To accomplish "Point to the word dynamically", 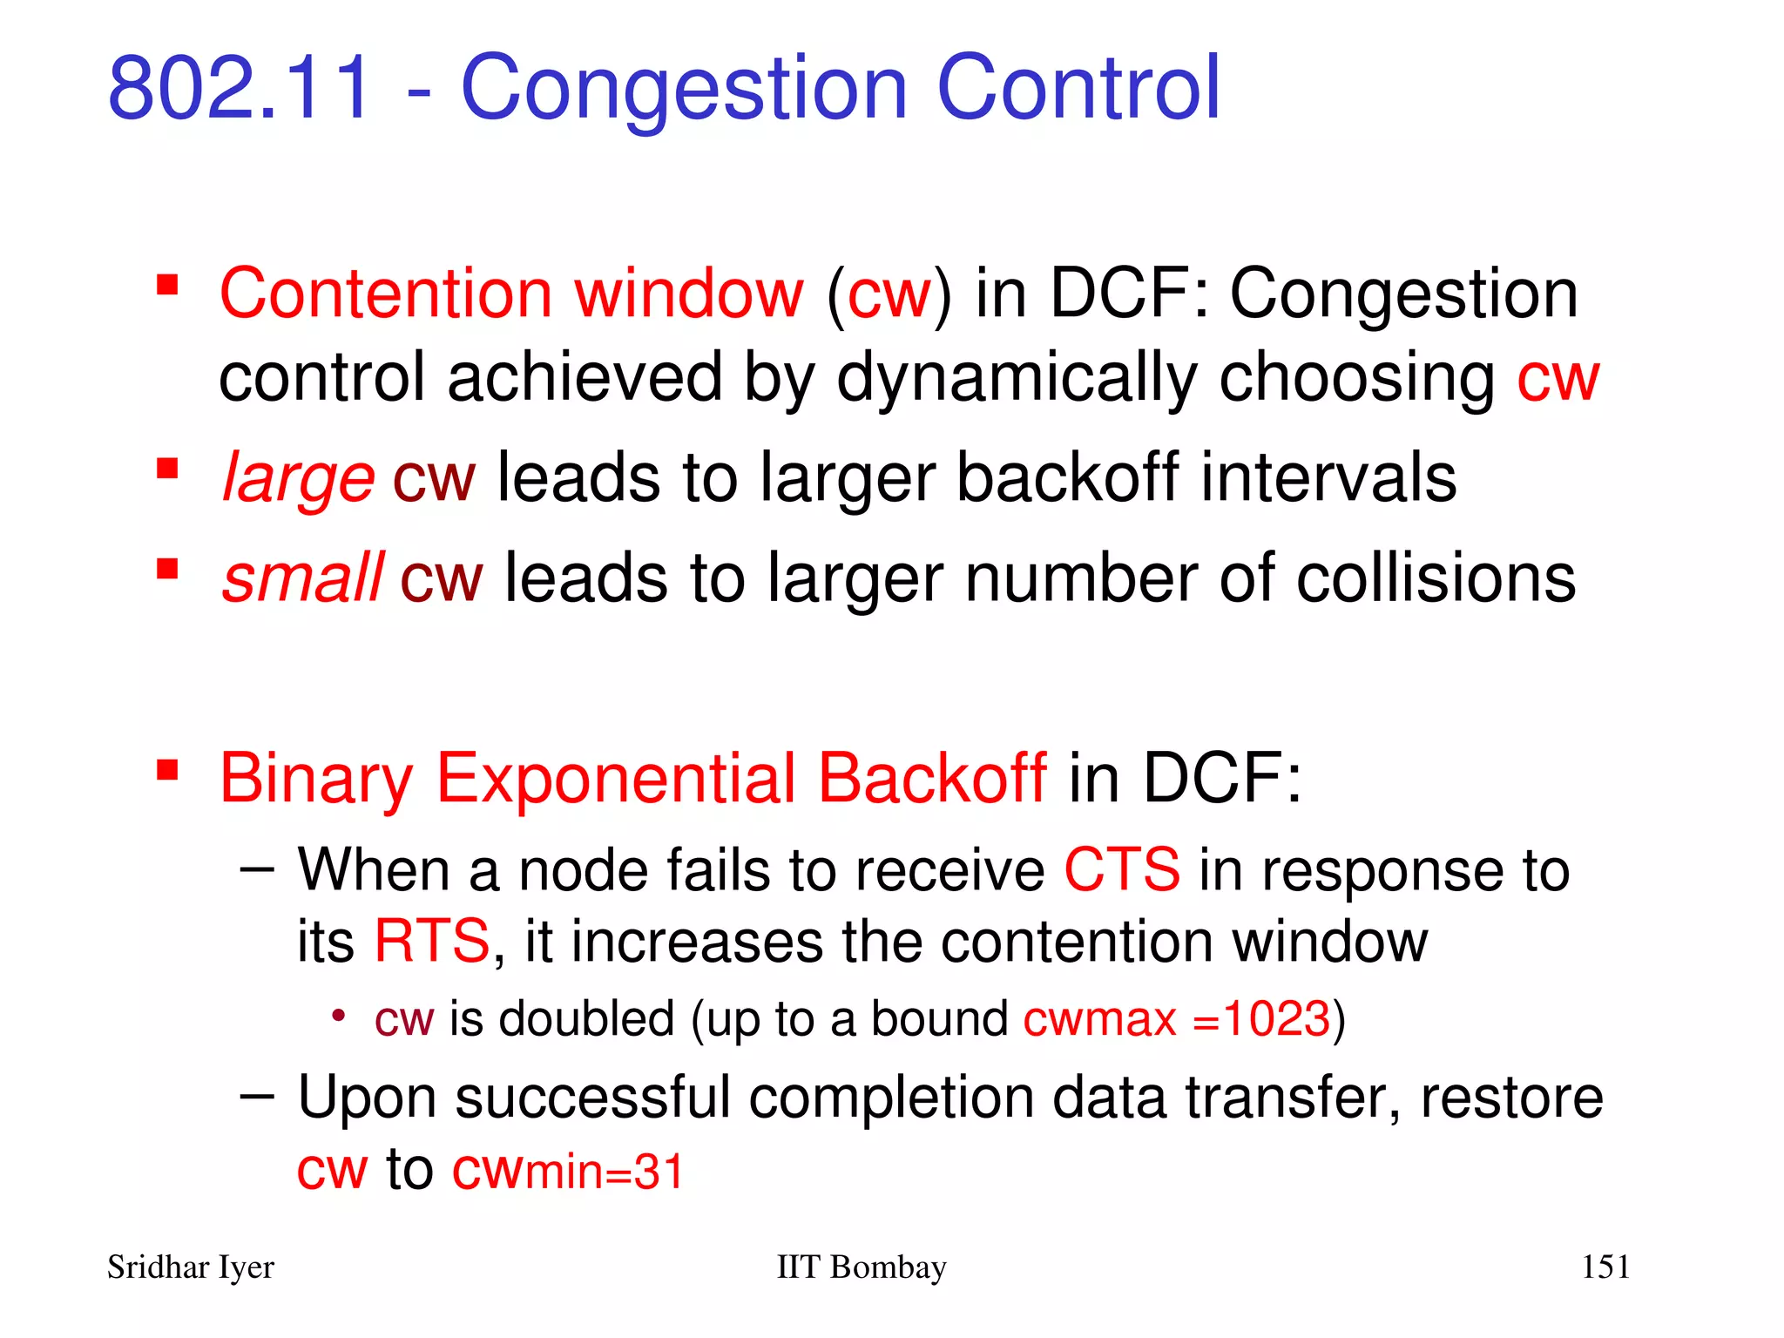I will tap(1016, 378).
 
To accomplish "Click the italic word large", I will tap(298, 478).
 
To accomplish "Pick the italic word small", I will tap(301, 578).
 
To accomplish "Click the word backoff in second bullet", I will tap(1068, 478).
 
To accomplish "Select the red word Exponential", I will tap(615, 778).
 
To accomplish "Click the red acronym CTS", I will tap(1122, 870).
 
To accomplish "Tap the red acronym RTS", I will tap(432, 942).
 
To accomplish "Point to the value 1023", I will tap(1277, 1018).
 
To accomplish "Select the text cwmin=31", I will tap(568, 1171).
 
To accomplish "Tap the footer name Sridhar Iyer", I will tap(190, 1267).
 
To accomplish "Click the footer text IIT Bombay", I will tap(861, 1267).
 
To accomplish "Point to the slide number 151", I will tap(1605, 1267).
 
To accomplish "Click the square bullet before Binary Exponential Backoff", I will tap(167, 770).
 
